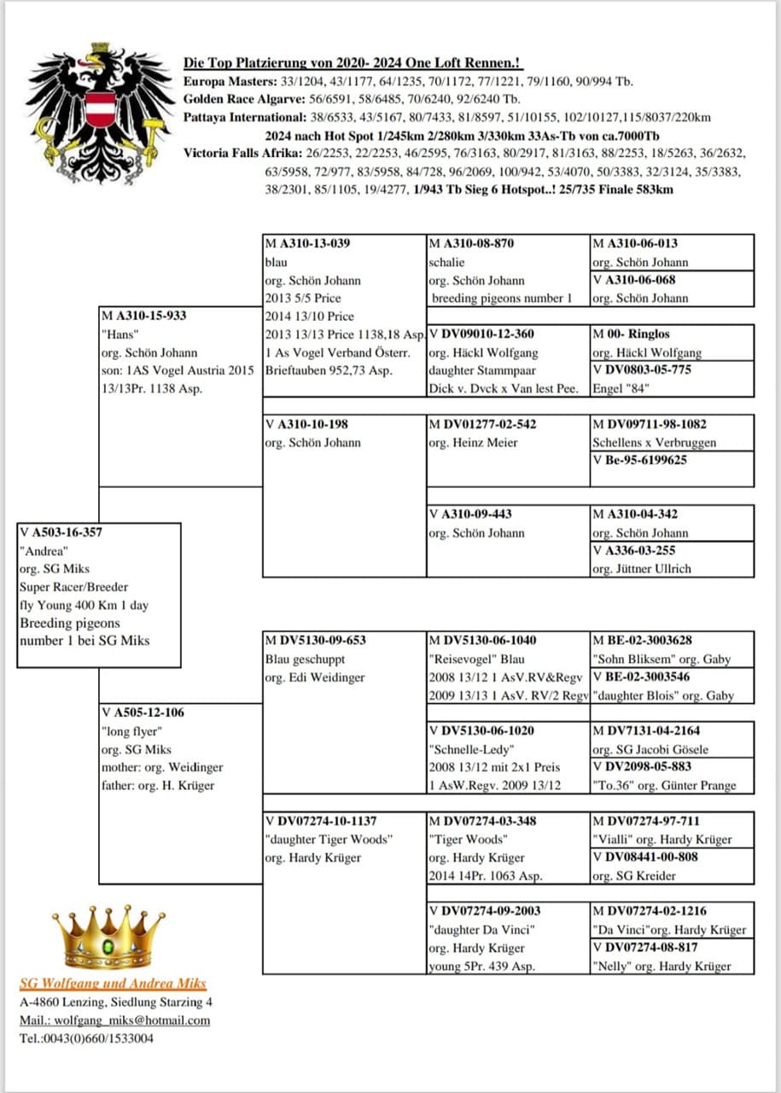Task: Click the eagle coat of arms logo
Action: tap(97, 106)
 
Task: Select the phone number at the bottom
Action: tap(86, 1038)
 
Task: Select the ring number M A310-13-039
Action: tap(308, 243)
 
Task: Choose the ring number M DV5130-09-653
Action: tap(314, 641)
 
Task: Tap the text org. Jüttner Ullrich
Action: tap(642, 568)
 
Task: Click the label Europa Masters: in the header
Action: tap(224, 82)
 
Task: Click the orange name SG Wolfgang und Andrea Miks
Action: tap(114, 983)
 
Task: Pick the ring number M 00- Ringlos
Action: tap(632, 334)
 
